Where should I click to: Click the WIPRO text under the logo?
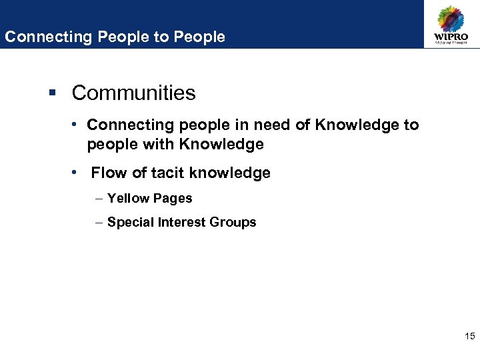point(451,37)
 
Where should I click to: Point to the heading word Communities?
point(133,93)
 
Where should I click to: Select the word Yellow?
point(128,199)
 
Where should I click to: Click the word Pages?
point(172,199)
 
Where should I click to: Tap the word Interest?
point(180,223)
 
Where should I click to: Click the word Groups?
point(233,223)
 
